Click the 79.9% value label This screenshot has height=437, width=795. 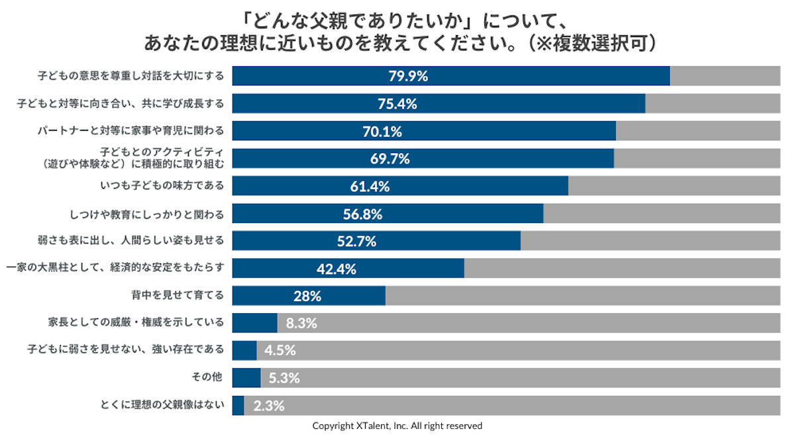pos(408,76)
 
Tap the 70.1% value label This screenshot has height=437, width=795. pos(382,131)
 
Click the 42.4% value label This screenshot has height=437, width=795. pos(337,269)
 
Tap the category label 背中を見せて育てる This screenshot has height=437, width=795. pos(177,295)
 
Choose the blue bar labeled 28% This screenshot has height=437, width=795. pos(309,296)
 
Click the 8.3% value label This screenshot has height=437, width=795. pos(301,324)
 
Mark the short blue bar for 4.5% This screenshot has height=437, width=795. pos(244,350)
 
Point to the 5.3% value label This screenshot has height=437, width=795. pos(284,378)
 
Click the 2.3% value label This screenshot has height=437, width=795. pos(269,405)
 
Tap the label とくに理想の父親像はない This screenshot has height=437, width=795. pos(162,405)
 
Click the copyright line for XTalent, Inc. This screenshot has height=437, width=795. pos(397,426)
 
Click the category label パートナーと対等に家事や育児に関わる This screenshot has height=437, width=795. pos(131,130)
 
